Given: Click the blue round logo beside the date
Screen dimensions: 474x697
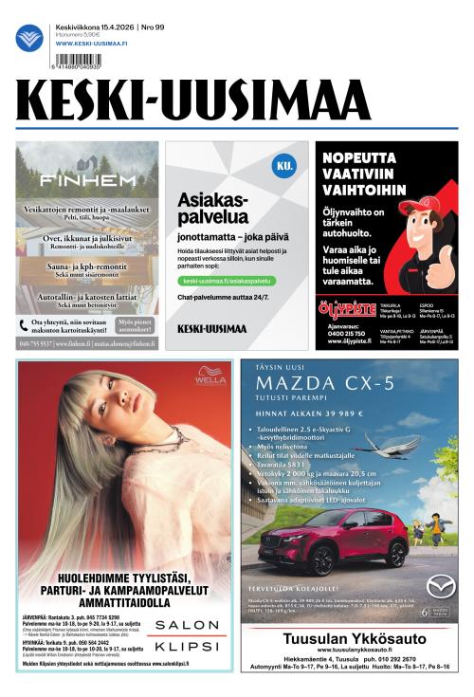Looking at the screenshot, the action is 29,38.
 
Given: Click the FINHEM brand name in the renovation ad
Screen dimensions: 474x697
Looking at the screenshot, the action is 87,179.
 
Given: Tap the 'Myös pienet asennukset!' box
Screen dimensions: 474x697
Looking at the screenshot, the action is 136,325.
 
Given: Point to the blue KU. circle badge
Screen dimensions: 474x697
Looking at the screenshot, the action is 283,165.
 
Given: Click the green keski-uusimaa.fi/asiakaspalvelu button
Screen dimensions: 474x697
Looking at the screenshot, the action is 227,281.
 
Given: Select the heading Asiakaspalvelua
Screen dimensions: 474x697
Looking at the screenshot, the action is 212,208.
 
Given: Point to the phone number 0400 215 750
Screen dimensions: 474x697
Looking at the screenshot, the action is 346,334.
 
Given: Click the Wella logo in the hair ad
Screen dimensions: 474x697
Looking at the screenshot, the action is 210,377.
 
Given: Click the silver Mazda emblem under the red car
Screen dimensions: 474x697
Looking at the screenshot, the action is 440,586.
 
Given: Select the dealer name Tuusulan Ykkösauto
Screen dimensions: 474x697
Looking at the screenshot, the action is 348,639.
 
